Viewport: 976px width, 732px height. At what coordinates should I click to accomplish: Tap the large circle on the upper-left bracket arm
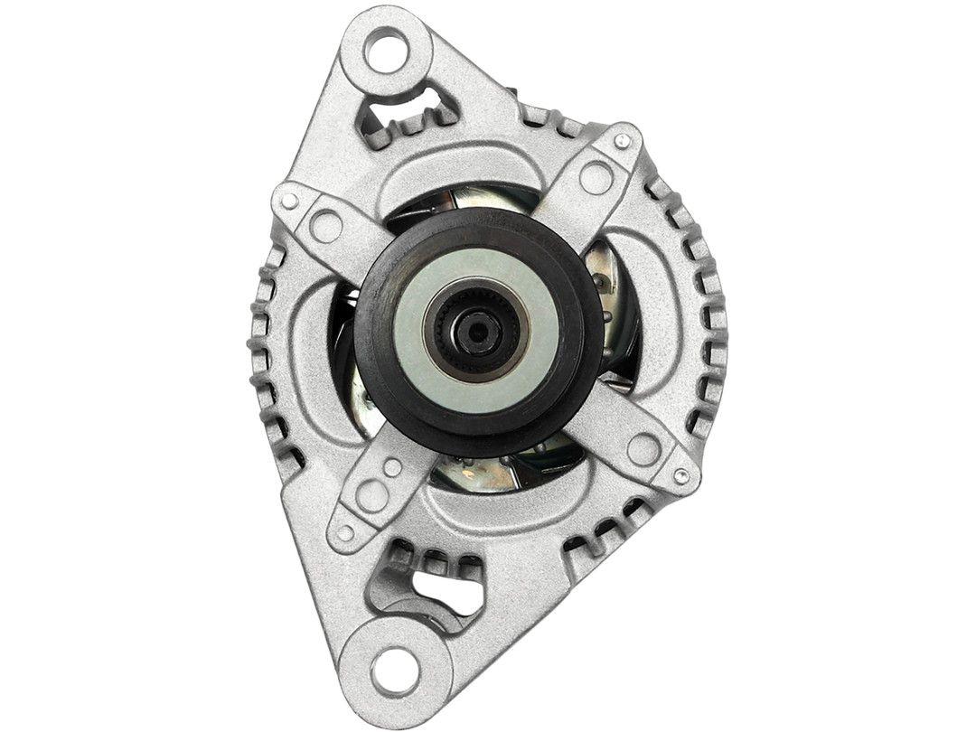(326, 225)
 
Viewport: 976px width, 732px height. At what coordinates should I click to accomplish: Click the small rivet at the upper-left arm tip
(289, 202)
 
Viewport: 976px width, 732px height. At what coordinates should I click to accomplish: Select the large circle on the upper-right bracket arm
(596, 177)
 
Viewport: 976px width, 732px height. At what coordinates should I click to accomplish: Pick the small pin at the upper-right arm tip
(622, 141)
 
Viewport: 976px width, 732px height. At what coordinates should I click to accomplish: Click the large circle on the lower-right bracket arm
(643, 448)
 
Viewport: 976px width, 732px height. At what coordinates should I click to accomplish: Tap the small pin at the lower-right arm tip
(681, 475)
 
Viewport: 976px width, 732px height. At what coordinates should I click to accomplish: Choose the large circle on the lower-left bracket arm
(371, 494)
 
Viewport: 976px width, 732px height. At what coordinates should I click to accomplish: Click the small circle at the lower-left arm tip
(343, 532)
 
